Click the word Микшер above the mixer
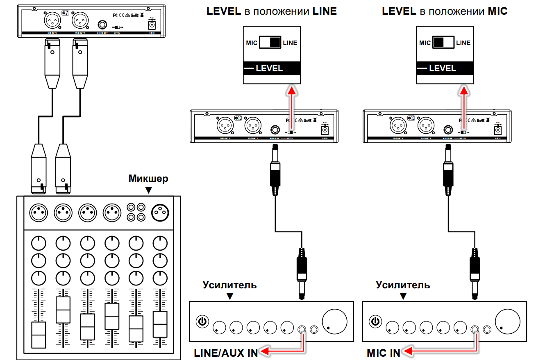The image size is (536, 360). (148, 179)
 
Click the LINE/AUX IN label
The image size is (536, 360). (226, 353)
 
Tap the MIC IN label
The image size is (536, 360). (384, 353)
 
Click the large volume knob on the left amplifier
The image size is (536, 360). (334, 320)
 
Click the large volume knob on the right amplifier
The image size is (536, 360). (507, 320)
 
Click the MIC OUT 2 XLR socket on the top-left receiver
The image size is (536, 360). (53, 19)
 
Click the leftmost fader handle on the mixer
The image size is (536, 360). (39, 335)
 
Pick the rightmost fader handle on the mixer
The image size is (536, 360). (160, 324)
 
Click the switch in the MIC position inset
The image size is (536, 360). (444, 43)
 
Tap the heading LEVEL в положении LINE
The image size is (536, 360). (272, 11)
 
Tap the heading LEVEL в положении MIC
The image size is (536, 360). (445, 11)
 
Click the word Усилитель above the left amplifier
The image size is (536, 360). (229, 285)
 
